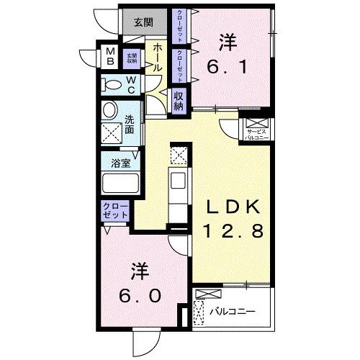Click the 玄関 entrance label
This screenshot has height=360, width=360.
click(143, 22)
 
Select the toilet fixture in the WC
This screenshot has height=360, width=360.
click(114, 85)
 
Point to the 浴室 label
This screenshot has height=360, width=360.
click(120, 163)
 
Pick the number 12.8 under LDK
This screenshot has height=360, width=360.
click(232, 230)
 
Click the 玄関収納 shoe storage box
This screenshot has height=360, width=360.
click(132, 57)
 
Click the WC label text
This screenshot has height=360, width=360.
click(133, 85)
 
